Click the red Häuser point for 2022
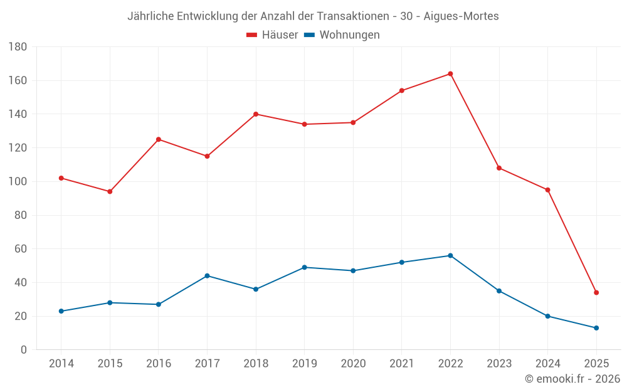(x=450, y=74)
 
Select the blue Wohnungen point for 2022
(x=450, y=255)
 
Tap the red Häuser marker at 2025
(x=596, y=292)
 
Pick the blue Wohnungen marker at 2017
(x=207, y=276)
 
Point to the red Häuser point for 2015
(x=110, y=191)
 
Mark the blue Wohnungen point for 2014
(x=61, y=311)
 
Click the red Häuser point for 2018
(x=256, y=114)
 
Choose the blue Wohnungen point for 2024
(x=547, y=316)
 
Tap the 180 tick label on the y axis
(x=18, y=47)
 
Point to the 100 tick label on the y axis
(x=18, y=182)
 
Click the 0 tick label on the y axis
(x=23, y=350)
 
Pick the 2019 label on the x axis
(x=304, y=364)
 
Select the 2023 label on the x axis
(x=499, y=364)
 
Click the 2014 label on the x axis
(x=61, y=364)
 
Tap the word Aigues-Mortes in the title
(x=461, y=16)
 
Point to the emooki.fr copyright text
(x=572, y=379)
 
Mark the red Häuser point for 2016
(x=159, y=139)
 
